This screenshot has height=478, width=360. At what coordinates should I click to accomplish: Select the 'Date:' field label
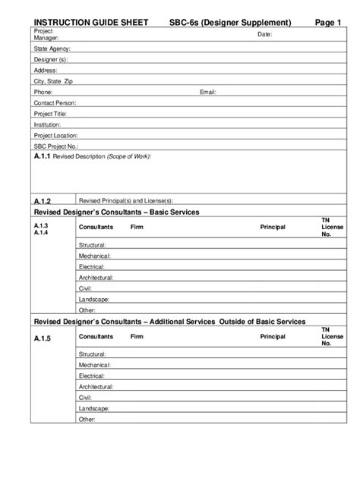(x=264, y=35)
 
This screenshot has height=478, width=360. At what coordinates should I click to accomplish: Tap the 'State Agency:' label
(x=52, y=49)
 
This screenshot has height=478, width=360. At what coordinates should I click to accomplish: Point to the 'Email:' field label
(x=208, y=92)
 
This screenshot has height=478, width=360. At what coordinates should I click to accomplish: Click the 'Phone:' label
(x=43, y=92)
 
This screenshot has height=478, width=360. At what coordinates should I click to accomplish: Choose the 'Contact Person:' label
(x=55, y=102)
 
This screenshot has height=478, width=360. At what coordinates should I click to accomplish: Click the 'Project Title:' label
(x=52, y=113)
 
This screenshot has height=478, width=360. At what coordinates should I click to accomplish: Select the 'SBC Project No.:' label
(x=56, y=146)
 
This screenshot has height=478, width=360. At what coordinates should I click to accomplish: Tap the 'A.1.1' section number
(x=42, y=156)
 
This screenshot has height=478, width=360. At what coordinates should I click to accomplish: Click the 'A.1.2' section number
(x=42, y=201)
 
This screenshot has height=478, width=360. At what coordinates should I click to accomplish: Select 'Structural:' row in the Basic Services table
(x=93, y=245)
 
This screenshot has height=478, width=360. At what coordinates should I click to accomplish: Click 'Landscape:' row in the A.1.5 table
(x=93, y=408)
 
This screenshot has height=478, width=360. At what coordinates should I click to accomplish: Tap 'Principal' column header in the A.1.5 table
(x=272, y=336)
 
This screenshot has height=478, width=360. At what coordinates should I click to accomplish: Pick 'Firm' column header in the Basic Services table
(x=136, y=227)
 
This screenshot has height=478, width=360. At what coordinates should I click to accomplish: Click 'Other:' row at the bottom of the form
(x=87, y=419)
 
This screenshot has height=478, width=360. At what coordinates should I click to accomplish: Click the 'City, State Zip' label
(x=53, y=81)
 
